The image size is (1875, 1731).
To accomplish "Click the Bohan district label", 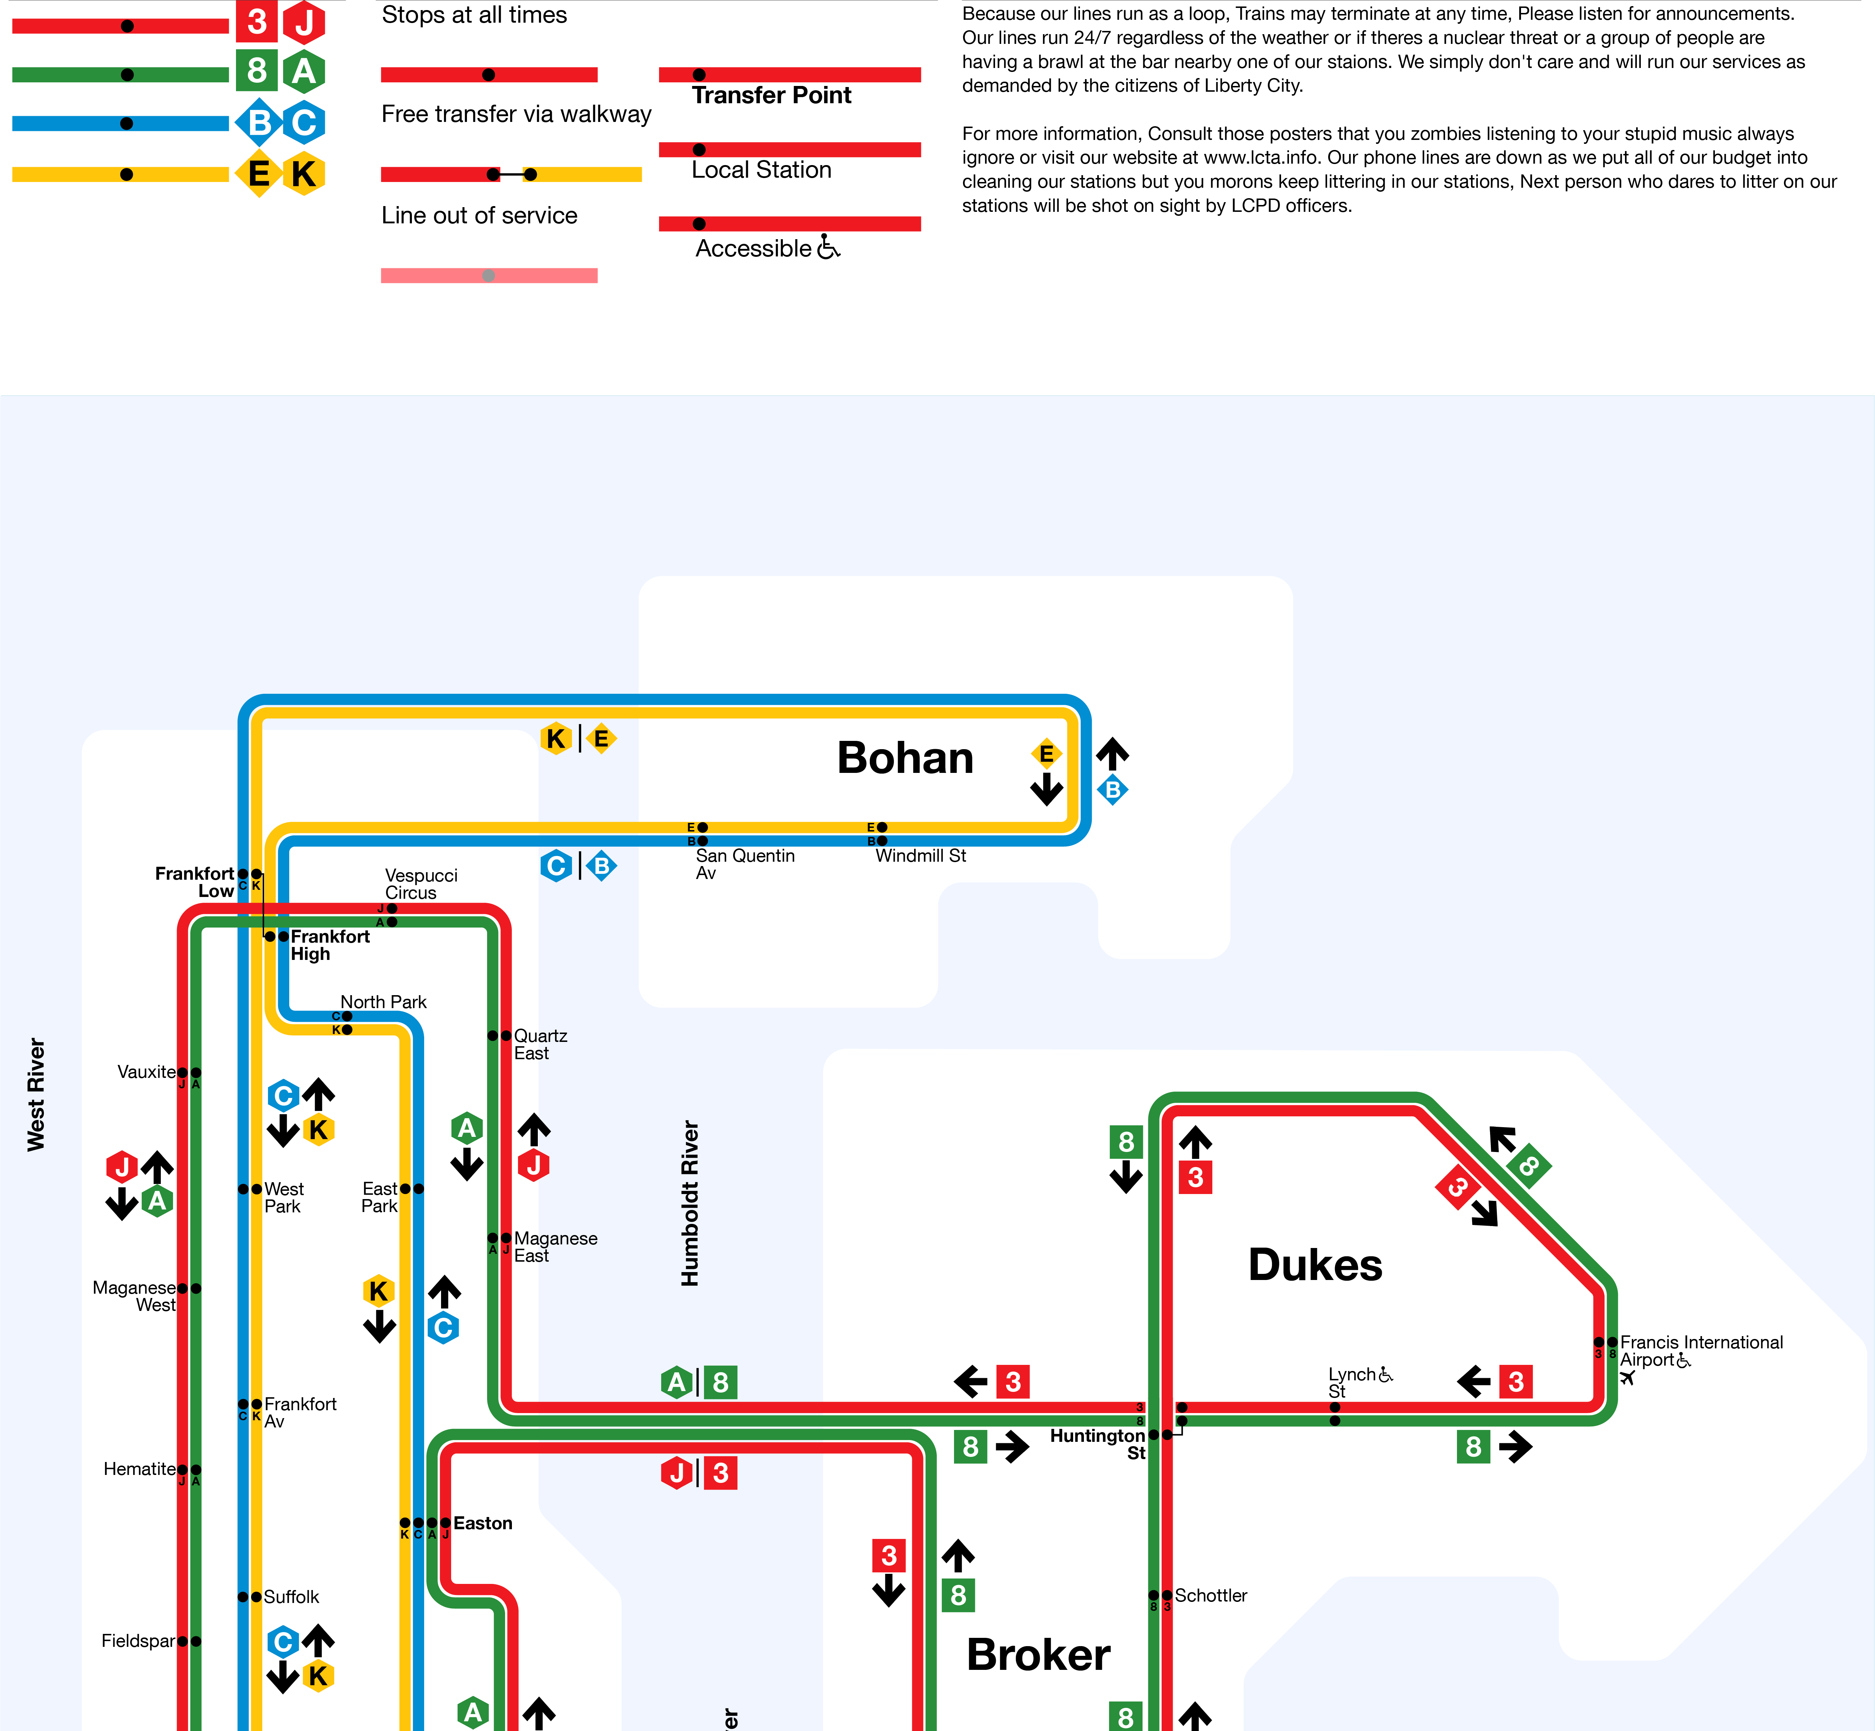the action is point(905,758).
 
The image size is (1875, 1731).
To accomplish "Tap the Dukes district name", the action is point(1315,1265).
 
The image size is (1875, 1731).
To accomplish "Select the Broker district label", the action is point(1038,1654).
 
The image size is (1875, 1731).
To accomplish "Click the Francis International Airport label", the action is point(1701,1351).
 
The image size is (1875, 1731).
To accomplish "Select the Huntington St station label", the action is point(1097,1444).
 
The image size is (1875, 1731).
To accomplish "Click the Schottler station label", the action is point(1211,1595).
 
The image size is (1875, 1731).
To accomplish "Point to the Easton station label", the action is point(482,1523).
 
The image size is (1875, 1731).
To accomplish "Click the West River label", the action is point(36,1094).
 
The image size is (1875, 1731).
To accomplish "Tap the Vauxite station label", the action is point(146,1071).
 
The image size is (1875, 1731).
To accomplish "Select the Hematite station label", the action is point(140,1469).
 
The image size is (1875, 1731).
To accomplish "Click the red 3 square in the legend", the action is point(257,22).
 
